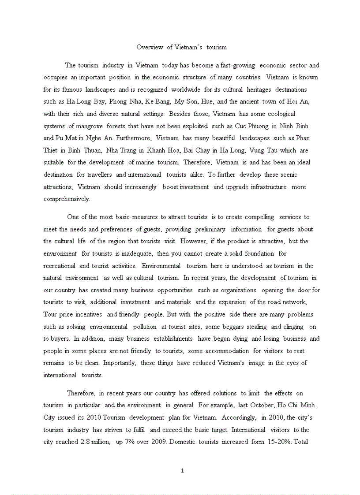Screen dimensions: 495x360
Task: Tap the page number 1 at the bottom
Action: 182,470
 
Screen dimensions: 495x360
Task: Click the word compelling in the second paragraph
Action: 257,217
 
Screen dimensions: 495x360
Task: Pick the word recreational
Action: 59,266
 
